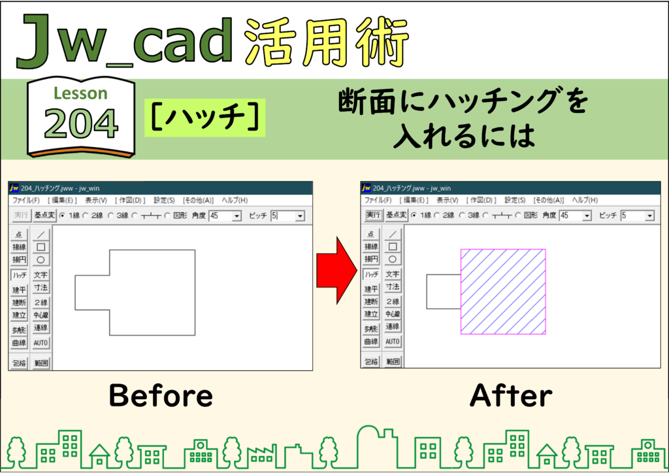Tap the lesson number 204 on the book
(x=80, y=123)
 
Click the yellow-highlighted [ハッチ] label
(x=204, y=118)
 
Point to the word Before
(x=161, y=395)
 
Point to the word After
(x=511, y=395)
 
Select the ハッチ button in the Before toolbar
(x=19, y=275)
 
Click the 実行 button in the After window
(x=373, y=215)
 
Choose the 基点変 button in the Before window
(x=44, y=216)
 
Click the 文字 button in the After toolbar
(x=393, y=274)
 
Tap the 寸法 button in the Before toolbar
(x=41, y=288)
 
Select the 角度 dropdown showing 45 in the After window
(x=575, y=216)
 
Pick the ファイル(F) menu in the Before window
(x=26, y=200)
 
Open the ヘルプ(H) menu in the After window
(x=585, y=200)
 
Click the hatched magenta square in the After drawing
(x=503, y=291)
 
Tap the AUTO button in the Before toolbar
(x=41, y=343)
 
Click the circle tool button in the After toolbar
(x=393, y=259)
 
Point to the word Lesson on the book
(x=80, y=93)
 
